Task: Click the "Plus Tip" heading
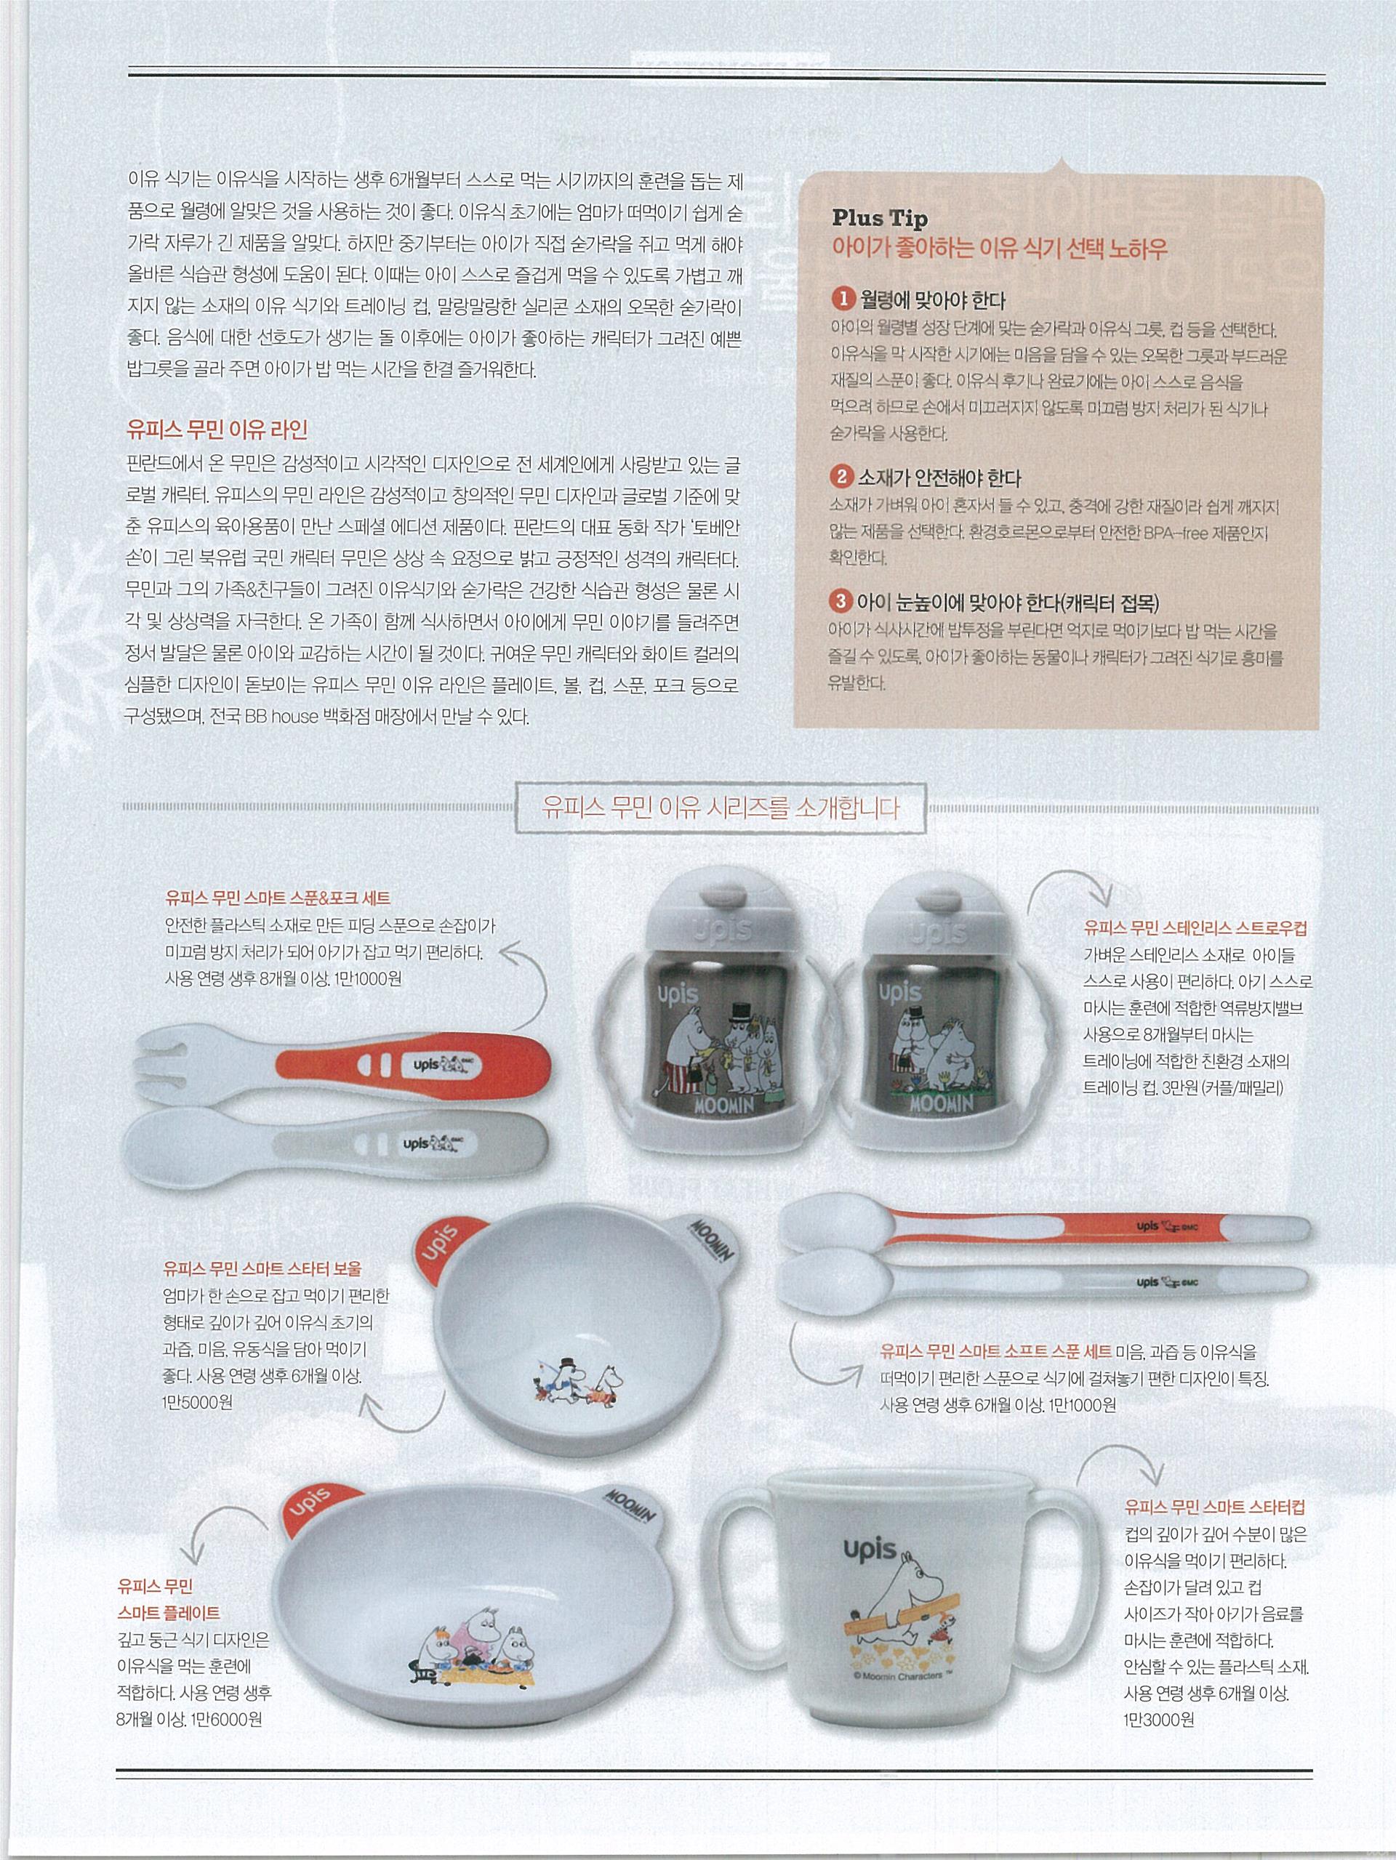[880, 219]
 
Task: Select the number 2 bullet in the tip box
[841, 478]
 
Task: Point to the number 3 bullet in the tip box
[841, 602]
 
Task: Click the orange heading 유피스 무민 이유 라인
[216, 430]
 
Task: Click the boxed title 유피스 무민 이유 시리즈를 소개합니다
[721, 809]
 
